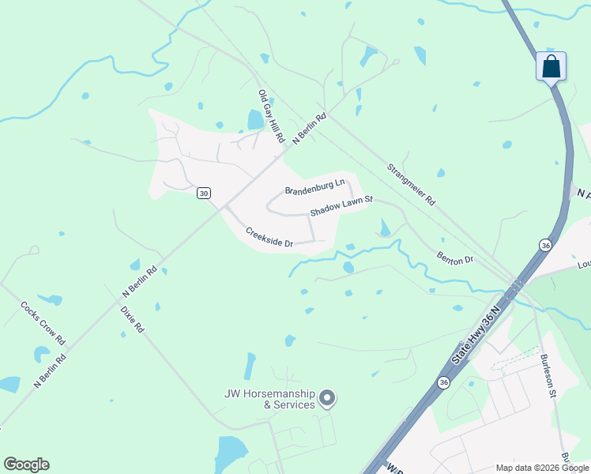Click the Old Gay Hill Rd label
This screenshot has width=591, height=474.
(x=271, y=117)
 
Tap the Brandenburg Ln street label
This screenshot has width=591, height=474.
(x=315, y=186)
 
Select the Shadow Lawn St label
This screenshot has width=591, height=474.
(x=341, y=208)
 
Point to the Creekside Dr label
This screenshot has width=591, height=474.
(x=269, y=237)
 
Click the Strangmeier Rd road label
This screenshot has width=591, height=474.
(x=411, y=185)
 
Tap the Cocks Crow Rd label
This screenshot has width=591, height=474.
(x=43, y=323)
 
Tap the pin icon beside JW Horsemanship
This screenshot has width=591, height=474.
(x=328, y=399)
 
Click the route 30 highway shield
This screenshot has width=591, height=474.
(x=204, y=194)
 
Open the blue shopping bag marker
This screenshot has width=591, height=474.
(x=551, y=66)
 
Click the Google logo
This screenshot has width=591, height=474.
(x=26, y=465)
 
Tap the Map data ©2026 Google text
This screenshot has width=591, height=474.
(x=541, y=468)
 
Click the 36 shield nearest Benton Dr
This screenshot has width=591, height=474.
(x=544, y=246)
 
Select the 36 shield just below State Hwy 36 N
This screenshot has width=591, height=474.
(x=443, y=382)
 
